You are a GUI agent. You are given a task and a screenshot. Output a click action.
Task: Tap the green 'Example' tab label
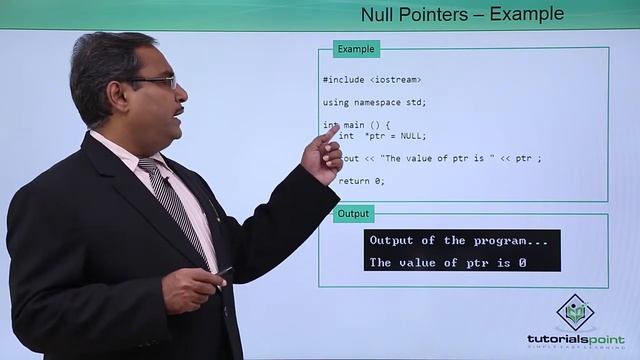356,49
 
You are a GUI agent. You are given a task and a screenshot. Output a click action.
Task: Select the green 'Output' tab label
353,214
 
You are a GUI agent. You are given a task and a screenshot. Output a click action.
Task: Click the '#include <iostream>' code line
371,79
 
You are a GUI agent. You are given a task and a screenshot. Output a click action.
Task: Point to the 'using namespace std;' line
374,102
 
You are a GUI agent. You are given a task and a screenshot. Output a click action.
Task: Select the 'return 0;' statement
361,181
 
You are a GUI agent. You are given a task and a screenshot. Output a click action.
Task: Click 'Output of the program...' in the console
459,241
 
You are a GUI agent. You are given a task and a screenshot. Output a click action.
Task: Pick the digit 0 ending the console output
522,263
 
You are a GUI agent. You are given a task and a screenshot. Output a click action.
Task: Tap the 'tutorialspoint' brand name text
575,339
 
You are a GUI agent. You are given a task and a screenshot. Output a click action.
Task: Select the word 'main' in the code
354,125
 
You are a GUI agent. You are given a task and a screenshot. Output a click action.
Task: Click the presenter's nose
177,92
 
